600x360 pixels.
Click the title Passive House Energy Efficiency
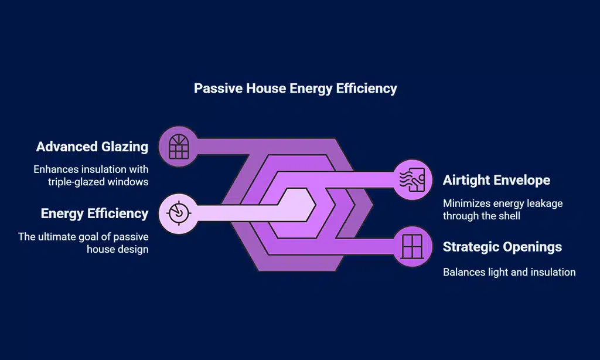point(295,89)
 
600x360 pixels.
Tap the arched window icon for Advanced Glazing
point(176,147)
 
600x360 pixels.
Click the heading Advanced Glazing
point(92,147)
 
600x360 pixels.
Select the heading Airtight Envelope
point(496,179)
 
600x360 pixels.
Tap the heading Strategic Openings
point(502,247)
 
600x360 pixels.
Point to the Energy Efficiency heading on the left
point(94,213)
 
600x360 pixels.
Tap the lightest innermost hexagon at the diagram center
point(293,205)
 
